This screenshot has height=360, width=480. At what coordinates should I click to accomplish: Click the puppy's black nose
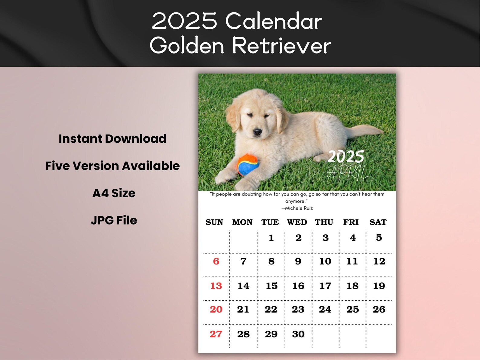tap(257, 132)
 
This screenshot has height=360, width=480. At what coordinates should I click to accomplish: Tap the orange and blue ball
tap(248, 165)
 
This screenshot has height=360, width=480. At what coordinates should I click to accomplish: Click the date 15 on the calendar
tap(271, 286)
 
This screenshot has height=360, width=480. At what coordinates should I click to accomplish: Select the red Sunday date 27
tap(216, 334)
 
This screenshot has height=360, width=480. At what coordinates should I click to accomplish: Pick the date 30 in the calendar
tap(298, 334)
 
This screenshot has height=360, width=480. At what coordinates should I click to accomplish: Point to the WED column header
tap(297, 222)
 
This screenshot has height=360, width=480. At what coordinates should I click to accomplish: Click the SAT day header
tap(378, 222)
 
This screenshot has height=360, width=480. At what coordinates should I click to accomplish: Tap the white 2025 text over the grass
tap(346, 157)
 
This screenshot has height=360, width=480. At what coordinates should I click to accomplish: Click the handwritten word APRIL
tap(348, 173)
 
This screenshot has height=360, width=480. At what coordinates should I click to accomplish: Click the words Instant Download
tap(112, 139)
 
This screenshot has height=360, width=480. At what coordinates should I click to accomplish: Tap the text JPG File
tap(114, 220)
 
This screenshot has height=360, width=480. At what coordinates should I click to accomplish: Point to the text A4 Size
tap(114, 193)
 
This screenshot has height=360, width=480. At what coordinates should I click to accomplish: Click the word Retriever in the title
tap(281, 46)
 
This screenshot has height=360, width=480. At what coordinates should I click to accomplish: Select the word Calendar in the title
tap(274, 21)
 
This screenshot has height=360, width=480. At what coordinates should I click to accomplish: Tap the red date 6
tap(216, 261)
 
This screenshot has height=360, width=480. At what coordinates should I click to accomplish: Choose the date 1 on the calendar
tap(271, 238)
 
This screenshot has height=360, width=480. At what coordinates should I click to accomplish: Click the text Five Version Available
tap(112, 166)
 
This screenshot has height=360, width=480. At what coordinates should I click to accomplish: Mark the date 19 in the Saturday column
tap(379, 286)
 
